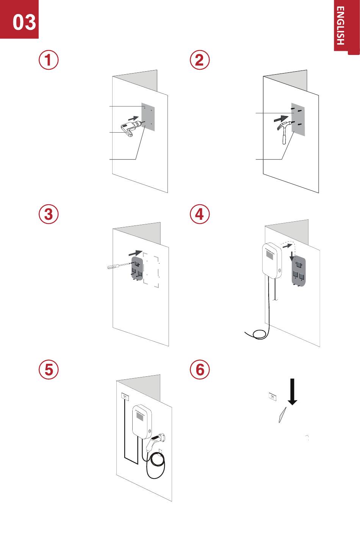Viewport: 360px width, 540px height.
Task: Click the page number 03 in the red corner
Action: point(24,22)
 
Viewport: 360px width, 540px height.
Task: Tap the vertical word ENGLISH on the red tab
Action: point(340,25)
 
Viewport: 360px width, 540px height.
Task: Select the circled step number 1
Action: point(49,60)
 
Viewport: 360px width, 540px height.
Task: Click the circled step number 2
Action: point(200,60)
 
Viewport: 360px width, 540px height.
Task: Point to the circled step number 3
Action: point(49,214)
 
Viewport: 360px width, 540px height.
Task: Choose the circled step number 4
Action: point(200,214)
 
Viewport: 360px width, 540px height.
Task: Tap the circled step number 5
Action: point(49,369)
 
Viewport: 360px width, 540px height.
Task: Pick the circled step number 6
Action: point(200,369)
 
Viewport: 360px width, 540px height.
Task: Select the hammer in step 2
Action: point(285,131)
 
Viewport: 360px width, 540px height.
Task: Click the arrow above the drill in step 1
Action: point(133,118)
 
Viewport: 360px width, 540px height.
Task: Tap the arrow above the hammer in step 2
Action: point(281,119)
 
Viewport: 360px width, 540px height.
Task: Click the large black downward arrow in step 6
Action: point(292,392)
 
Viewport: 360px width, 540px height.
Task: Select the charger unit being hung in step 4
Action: point(272,260)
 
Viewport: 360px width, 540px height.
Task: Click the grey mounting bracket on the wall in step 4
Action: point(299,271)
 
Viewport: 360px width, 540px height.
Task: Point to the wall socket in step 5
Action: point(125,396)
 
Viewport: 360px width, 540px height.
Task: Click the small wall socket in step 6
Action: point(272,396)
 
